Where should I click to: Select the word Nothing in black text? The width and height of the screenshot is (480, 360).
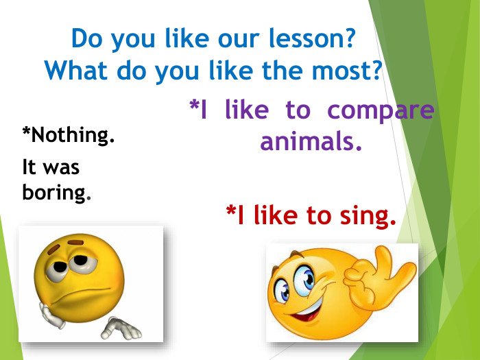tap(71, 135)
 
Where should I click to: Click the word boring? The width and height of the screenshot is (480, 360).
tap(56, 192)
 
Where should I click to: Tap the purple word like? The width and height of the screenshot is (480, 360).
tap(246, 110)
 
